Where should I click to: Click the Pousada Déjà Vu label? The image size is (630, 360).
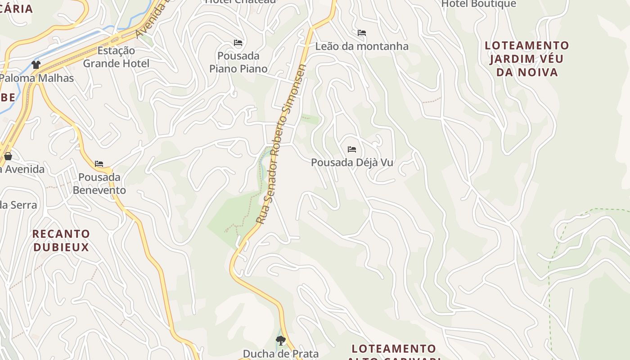click(x=352, y=162)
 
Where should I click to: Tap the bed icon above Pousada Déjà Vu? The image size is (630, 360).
click(x=352, y=149)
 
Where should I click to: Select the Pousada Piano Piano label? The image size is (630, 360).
click(x=238, y=62)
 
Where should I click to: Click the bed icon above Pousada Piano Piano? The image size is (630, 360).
click(x=238, y=43)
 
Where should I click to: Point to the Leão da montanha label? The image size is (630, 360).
click(x=362, y=46)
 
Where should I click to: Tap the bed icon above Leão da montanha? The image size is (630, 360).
click(x=362, y=33)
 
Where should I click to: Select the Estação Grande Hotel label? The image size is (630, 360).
click(x=116, y=57)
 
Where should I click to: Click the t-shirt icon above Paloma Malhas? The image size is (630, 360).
click(x=36, y=65)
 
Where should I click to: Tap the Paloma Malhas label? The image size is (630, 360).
click(x=37, y=78)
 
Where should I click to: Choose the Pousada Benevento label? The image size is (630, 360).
click(x=99, y=184)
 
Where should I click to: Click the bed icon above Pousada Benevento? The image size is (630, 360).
click(x=99, y=164)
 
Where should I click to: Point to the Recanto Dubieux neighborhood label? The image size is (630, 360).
click(x=61, y=240)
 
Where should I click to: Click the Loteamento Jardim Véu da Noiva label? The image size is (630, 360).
click(x=526, y=58)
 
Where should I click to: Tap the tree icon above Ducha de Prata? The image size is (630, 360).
click(x=281, y=341)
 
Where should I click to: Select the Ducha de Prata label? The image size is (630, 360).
click(x=281, y=354)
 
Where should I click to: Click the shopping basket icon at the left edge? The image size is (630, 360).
click(x=8, y=157)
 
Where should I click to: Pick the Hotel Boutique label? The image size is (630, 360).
click(x=479, y=4)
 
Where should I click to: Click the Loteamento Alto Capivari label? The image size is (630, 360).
click(x=394, y=352)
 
